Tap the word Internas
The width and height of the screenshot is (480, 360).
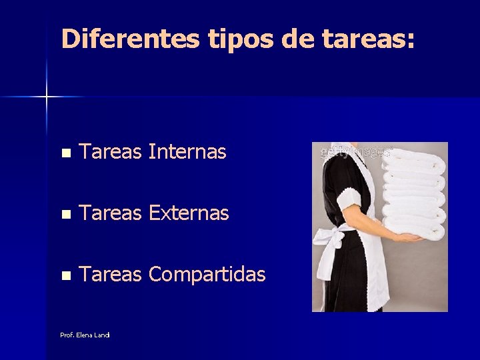pos(187,153)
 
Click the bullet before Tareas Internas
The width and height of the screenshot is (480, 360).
pos(65,153)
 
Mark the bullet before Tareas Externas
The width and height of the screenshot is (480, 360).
pos(65,214)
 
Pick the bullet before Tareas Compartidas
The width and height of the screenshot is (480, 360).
pos(65,275)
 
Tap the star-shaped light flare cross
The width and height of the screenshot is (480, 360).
pos(47,97)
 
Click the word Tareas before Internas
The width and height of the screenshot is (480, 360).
pos(110,153)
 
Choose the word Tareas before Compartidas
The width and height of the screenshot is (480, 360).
pos(110,274)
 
